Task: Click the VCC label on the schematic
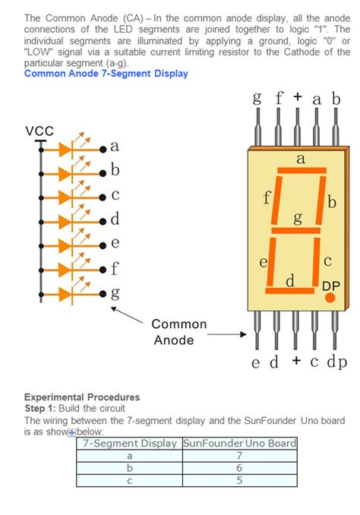(39, 131)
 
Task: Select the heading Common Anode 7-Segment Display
(106, 74)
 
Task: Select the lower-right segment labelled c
(320, 260)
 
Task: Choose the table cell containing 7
(239, 456)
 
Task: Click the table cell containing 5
(239, 480)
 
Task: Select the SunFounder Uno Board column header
(239, 443)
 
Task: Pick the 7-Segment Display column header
(129, 443)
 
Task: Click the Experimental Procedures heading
(82, 397)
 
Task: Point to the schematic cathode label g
(115, 292)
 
